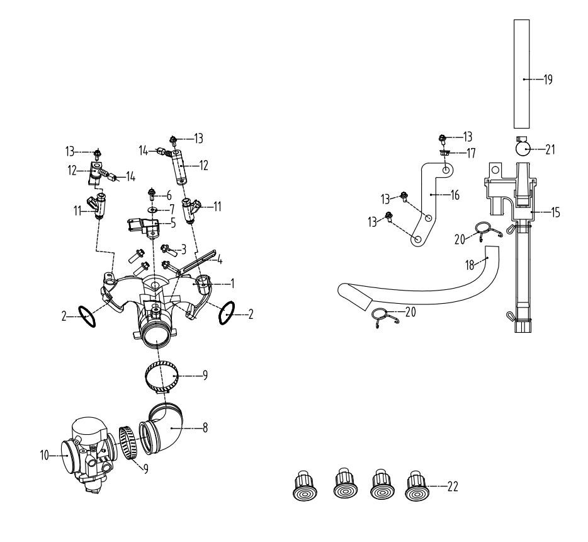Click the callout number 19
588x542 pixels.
pyautogui.click(x=548, y=79)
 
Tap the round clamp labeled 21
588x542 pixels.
pyautogui.click(x=523, y=149)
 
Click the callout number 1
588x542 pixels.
pyautogui.click(x=232, y=284)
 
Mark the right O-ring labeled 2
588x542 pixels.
pyautogui.click(x=227, y=313)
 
